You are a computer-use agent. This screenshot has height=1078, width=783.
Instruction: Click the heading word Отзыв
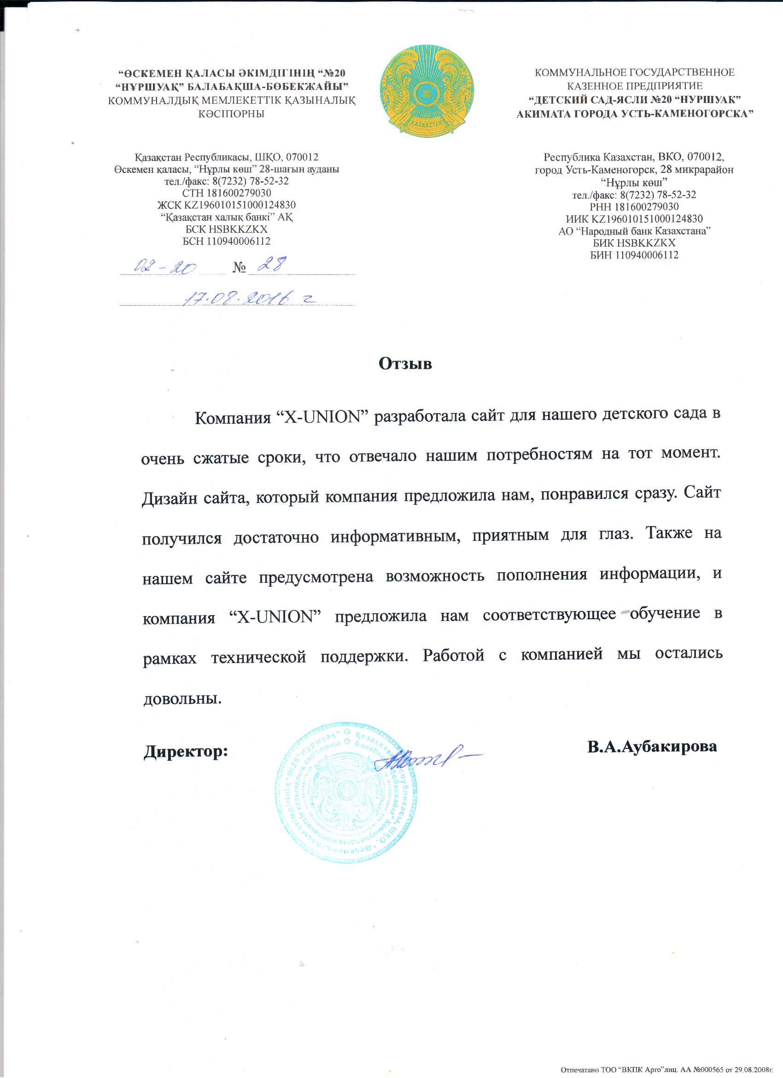(x=405, y=364)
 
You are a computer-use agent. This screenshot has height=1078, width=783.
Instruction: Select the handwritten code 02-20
(x=165, y=267)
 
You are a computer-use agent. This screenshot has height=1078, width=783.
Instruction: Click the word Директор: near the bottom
(x=186, y=752)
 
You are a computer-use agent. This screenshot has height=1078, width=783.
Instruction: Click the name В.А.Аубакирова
(x=651, y=746)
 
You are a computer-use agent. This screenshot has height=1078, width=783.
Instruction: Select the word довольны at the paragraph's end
(x=182, y=699)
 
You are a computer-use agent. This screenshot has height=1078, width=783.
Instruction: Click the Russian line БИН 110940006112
(x=634, y=255)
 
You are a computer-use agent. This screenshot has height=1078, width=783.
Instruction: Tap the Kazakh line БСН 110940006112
(x=227, y=241)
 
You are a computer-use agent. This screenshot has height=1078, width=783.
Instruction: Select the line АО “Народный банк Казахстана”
(x=634, y=231)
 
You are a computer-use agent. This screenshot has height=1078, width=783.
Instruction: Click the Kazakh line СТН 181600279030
(x=227, y=193)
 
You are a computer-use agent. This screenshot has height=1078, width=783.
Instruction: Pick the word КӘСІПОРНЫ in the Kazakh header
(x=231, y=114)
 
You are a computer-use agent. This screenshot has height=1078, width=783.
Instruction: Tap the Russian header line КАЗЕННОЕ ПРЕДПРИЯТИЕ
(x=634, y=86)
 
